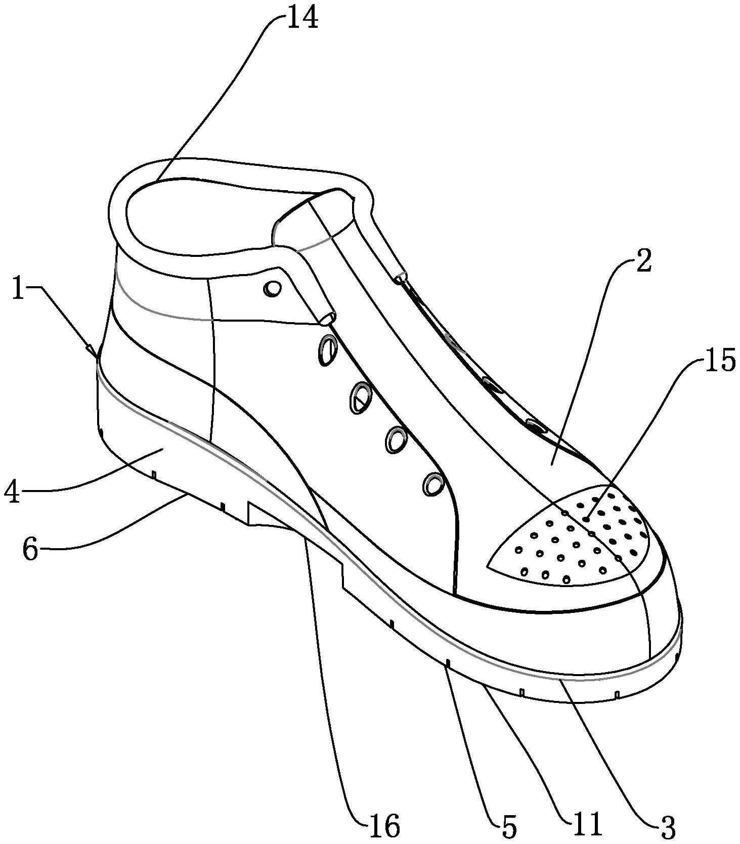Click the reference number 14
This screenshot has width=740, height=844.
tap(303, 19)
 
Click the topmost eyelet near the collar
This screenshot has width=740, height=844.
tap(273, 289)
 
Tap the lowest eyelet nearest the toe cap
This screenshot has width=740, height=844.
tap(433, 484)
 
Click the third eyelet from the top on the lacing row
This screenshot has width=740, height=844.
tap(360, 398)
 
